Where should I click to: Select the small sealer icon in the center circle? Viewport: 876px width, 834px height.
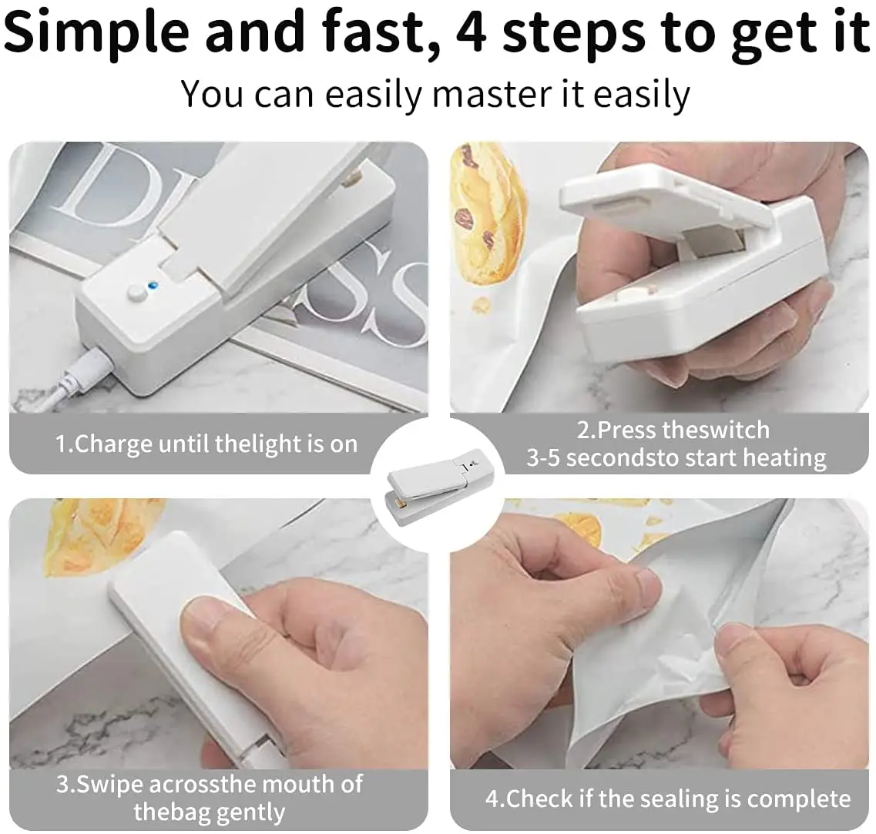[x=436, y=486]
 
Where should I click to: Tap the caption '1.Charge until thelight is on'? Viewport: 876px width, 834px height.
[x=206, y=444]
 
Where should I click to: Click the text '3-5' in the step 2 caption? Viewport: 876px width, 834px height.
[x=544, y=458]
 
